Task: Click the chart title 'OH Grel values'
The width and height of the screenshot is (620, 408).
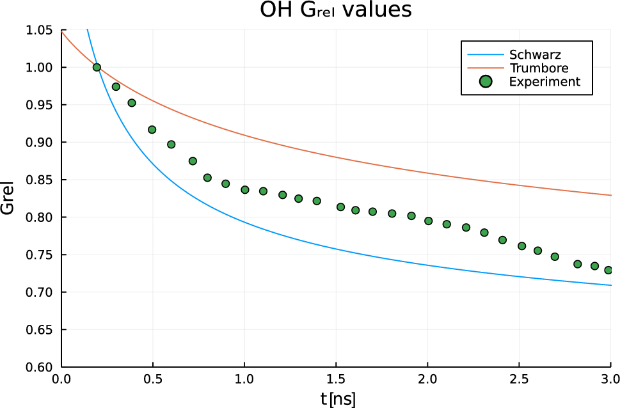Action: point(335,11)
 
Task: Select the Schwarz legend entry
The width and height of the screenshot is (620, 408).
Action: point(534,54)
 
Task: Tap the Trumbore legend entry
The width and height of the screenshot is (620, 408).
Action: point(539,68)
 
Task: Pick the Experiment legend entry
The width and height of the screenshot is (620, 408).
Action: point(544,81)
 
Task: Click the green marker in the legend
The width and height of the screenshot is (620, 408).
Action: point(486,81)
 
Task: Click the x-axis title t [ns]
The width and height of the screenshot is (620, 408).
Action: point(338,399)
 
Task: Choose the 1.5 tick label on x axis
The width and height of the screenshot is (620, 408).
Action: point(336,379)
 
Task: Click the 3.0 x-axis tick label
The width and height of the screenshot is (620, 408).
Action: point(610,379)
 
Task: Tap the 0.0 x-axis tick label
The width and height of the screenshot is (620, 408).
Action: point(61,379)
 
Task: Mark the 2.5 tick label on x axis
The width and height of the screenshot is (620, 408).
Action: point(519,379)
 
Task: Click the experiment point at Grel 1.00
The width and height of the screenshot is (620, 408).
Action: point(97,67)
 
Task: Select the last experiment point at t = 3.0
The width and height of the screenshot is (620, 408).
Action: point(608,270)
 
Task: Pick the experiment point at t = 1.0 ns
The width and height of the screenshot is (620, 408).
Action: point(244,189)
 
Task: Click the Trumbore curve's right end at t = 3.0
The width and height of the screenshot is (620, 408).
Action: point(610,195)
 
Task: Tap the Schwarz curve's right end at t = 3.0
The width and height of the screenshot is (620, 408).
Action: point(610,285)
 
